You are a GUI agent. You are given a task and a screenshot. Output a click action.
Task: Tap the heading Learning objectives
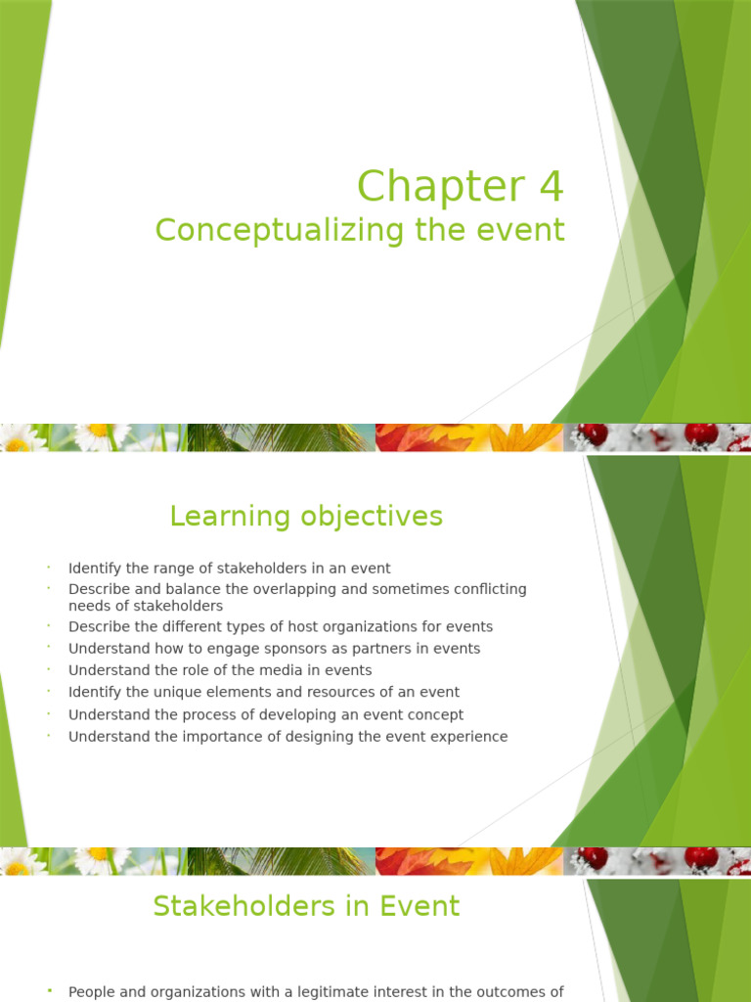coord(306,516)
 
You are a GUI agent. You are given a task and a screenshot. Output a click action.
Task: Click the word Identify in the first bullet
coord(95,569)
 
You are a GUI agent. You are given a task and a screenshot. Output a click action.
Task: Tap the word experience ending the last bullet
coord(470,737)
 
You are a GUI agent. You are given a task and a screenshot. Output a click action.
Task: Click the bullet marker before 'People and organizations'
coord(48,992)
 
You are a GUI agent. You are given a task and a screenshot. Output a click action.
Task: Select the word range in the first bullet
coord(173,569)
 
